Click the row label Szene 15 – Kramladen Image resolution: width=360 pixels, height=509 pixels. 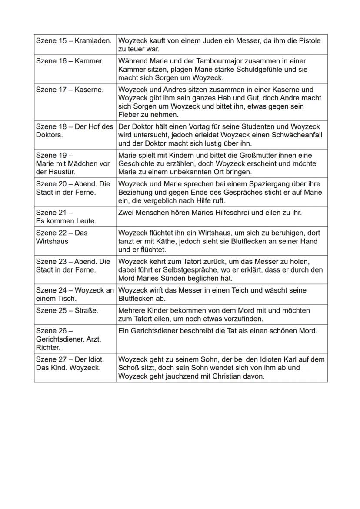tap(74, 41)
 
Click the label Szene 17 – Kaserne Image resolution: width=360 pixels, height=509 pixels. tap(70, 90)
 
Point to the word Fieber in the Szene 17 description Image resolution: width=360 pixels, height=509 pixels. tap(128, 115)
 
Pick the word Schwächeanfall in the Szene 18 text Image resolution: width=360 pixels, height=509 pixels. tap(300, 135)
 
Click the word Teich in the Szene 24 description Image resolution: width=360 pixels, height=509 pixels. tap(241, 290)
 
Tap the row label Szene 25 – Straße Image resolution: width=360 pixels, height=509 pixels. tap(67, 311)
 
